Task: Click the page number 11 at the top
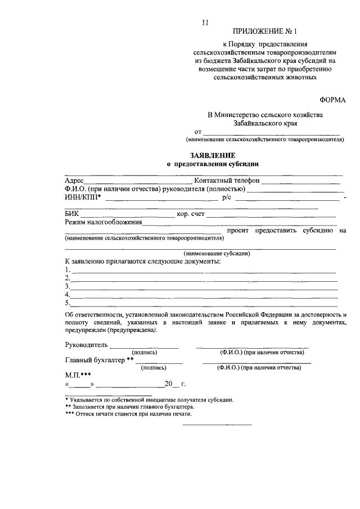(x=205, y=22)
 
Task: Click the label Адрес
(x=74, y=181)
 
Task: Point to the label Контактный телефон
(x=226, y=181)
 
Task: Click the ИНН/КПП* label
(x=83, y=197)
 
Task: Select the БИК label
(x=71, y=214)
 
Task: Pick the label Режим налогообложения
(x=103, y=222)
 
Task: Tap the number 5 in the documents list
(x=67, y=302)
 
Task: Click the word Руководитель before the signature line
(x=86, y=344)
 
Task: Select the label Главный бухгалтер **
(x=99, y=360)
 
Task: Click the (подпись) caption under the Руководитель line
(x=144, y=352)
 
